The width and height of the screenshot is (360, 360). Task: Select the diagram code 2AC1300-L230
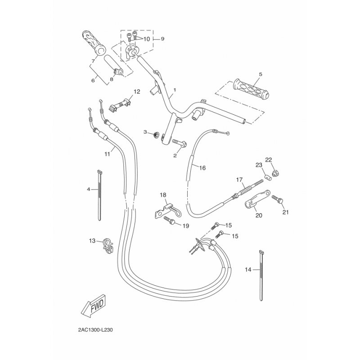point(95,330)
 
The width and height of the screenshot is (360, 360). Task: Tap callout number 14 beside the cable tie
point(248,270)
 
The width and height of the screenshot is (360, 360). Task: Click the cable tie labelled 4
point(99,195)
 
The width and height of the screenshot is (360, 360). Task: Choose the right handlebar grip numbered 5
point(251,89)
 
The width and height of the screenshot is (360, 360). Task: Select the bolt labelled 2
point(179,143)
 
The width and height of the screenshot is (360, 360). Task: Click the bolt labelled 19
point(170,220)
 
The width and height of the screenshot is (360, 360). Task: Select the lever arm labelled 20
point(257,199)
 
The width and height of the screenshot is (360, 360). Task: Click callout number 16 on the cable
point(202,168)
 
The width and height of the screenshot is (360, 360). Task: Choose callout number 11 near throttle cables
point(107,154)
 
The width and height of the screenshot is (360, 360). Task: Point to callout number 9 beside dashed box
point(162,39)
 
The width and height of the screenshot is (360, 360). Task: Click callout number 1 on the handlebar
point(175,90)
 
